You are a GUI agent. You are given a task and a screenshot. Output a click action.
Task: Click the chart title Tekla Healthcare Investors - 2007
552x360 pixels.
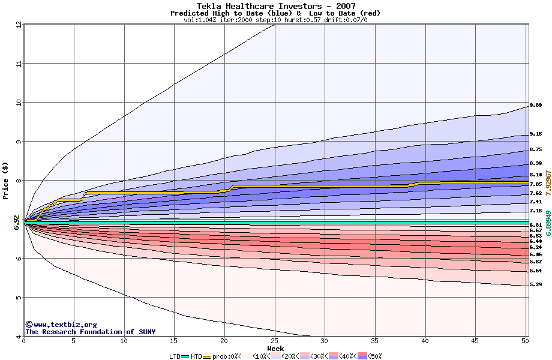click(x=275, y=6)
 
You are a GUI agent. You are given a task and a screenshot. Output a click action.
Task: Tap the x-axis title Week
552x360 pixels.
click(x=275, y=349)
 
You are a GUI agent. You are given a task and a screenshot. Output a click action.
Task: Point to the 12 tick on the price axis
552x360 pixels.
click(x=19, y=25)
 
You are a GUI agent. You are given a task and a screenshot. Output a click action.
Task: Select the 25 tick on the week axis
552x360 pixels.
click(x=274, y=341)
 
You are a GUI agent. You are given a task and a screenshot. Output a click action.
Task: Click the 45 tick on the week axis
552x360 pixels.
click(x=475, y=341)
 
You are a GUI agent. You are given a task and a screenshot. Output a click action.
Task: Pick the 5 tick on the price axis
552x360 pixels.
click(x=19, y=298)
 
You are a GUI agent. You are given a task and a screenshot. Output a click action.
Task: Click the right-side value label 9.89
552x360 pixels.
click(x=536, y=105)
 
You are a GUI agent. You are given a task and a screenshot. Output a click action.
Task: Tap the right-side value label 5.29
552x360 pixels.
click(x=536, y=284)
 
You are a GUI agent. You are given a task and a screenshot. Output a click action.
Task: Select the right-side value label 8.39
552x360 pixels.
click(x=536, y=163)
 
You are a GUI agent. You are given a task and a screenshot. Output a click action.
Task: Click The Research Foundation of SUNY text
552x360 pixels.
click(x=90, y=332)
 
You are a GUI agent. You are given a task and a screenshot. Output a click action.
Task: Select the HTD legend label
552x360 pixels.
click(x=196, y=356)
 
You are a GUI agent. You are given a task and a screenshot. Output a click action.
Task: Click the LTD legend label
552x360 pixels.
click(x=175, y=356)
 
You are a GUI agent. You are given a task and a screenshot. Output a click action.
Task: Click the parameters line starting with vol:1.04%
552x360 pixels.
click(x=275, y=20)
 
